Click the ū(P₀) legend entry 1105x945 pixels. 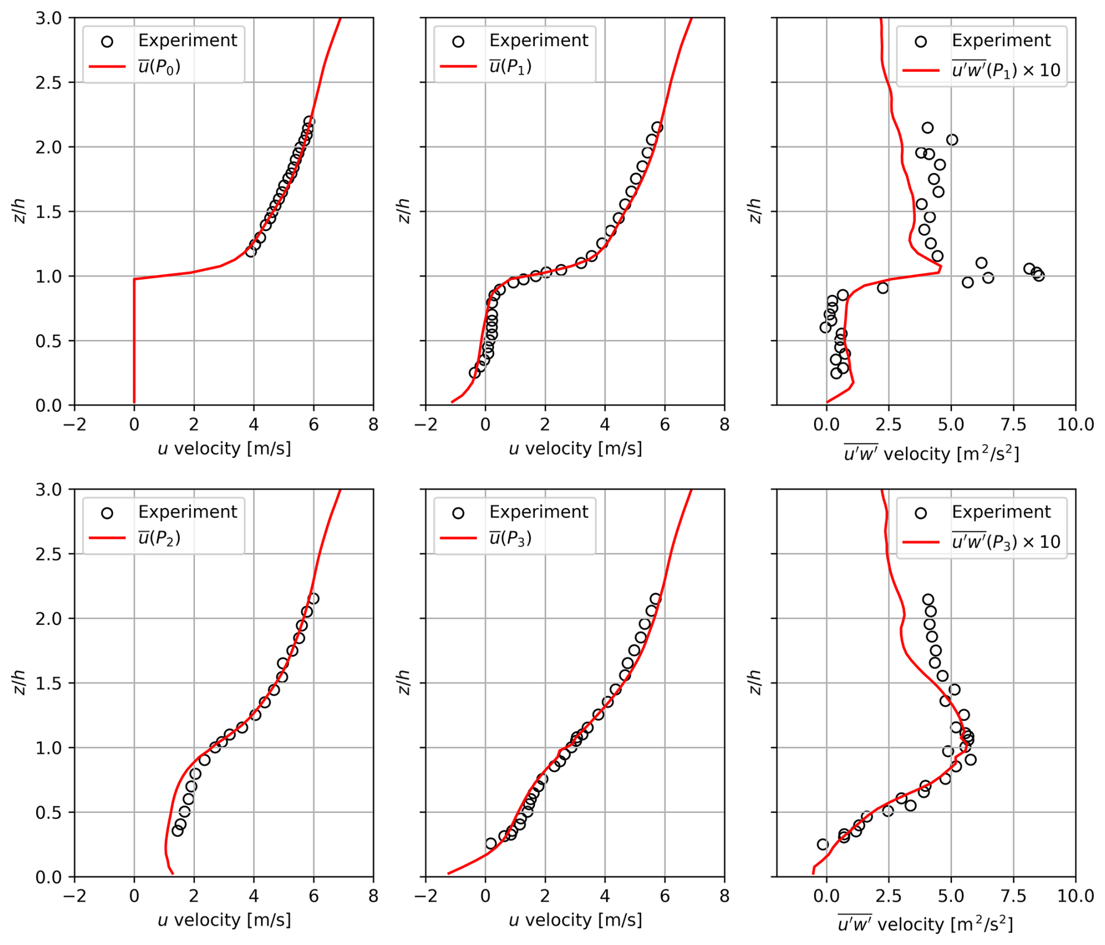(x=159, y=67)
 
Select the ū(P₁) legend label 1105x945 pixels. (x=510, y=67)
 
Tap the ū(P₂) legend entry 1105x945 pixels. (x=159, y=538)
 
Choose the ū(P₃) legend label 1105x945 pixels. (x=510, y=538)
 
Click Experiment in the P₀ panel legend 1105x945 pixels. (x=187, y=40)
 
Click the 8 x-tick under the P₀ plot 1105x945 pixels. (x=373, y=424)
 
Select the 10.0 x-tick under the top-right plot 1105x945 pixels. (x=1075, y=424)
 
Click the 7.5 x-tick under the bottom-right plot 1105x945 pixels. (x=1013, y=895)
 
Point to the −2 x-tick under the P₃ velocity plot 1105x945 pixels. (x=426, y=895)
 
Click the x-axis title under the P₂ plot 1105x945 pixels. (x=224, y=920)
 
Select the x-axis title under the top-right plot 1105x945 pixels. (x=932, y=454)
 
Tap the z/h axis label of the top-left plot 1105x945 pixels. (x=19, y=211)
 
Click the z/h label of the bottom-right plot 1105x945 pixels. (x=755, y=682)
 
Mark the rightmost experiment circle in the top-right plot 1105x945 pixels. (x=1038, y=276)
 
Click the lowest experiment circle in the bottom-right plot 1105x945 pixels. (x=822, y=844)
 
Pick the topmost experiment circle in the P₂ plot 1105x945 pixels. (x=314, y=599)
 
